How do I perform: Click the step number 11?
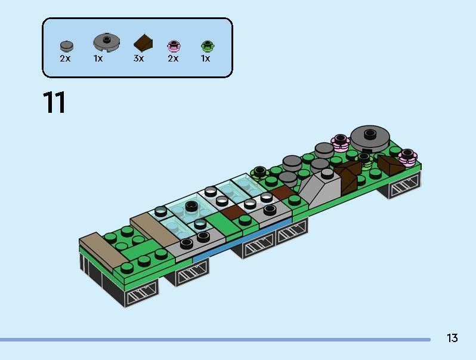pyautogui.click(x=54, y=103)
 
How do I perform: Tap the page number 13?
pyautogui.click(x=452, y=338)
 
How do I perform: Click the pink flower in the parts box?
pyautogui.click(x=173, y=45)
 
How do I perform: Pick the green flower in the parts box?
pyautogui.click(x=206, y=45)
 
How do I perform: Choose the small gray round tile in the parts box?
pyautogui.click(x=66, y=45)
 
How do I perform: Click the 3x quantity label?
pyautogui.click(x=138, y=59)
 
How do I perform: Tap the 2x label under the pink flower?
pyautogui.click(x=173, y=59)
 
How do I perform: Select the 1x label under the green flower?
pyautogui.click(x=205, y=59)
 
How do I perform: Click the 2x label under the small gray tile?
pyautogui.click(x=65, y=59)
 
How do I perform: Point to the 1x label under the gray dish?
pyautogui.click(x=98, y=59)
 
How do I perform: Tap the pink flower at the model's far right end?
pyautogui.click(x=408, y=156)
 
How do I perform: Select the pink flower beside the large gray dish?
pyautogui.click(x=340, y=142)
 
